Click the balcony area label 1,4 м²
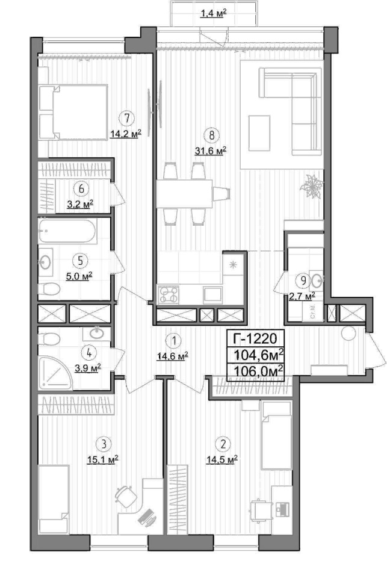212,14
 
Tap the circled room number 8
211,135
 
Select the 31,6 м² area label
211,151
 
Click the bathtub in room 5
67,231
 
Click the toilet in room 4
49,338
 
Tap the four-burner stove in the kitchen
169,294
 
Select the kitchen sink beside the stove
212,294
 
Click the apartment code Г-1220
255,338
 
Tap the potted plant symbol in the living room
311,185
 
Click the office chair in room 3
126,496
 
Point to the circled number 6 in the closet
81,188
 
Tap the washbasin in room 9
316,281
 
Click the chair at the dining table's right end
221,193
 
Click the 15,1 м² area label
103,459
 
